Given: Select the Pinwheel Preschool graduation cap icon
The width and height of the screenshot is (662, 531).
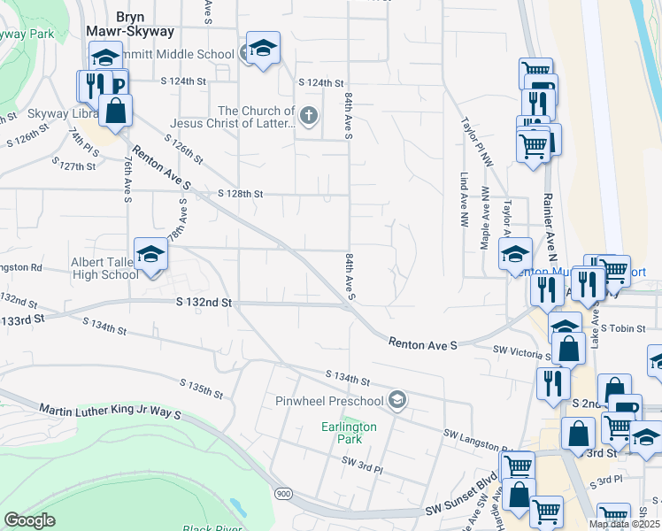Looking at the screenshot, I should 397,401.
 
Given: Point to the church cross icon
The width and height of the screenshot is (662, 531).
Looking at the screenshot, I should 308,114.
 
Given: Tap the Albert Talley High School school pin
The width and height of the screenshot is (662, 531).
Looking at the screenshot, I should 150,256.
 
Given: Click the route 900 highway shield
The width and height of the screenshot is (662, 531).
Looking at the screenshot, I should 282,493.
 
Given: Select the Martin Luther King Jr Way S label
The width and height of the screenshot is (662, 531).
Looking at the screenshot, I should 110,412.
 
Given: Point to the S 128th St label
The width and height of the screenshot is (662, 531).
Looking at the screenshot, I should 241,194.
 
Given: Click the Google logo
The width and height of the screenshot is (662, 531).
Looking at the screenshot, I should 29,520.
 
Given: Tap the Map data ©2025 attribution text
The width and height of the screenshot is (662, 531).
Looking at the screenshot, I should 623,524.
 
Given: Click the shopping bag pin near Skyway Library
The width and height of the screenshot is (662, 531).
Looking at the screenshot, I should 115,112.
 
